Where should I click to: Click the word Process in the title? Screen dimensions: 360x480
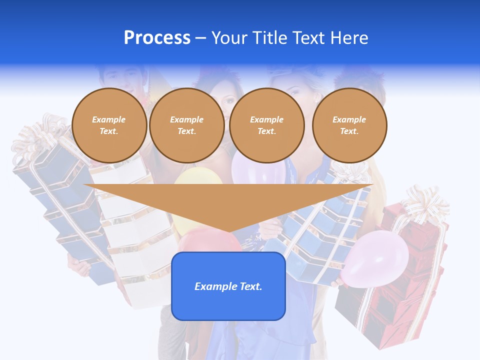pyautogui.click(x=157, y=38)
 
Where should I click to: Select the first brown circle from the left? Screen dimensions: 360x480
pyautogui.click(x=109, y=125)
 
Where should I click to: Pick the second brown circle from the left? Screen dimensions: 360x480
pyautogui.click(x=187, y=125)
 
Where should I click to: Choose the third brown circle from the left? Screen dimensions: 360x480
pyautogui.click(x=267, y=125)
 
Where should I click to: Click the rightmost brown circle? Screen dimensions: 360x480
pyautogui.click(x=349, y=125)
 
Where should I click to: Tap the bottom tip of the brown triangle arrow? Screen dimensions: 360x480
pyautogui.click(x=228, y=231)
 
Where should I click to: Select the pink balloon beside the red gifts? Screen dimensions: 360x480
pyautogui.click(x=376, y=259)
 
